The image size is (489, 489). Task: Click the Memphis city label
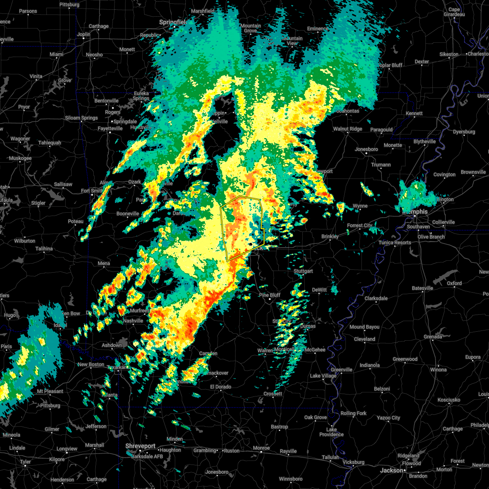[415, 212]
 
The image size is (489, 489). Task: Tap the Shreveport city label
[141, 446]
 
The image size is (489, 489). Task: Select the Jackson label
[392, 470]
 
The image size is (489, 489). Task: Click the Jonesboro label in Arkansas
[366, 149]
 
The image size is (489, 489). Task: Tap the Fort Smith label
[92, 191]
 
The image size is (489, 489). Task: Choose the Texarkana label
[117, 367]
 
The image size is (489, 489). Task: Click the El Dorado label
[220, 387]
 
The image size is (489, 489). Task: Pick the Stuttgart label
[303, 271]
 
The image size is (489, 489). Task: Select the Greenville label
[341, 370]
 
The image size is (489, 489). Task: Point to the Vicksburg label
[353, 462]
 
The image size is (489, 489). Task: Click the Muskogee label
[20, 158]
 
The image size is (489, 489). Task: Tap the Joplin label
[84, 34]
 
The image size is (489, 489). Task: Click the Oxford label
[454, 283]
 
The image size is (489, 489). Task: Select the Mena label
[104, 263]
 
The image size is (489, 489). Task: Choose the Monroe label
[261, 448]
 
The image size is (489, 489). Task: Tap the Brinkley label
[330, 236]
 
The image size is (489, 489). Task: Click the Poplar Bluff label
[390, 65]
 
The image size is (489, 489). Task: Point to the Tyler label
[25, 462]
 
